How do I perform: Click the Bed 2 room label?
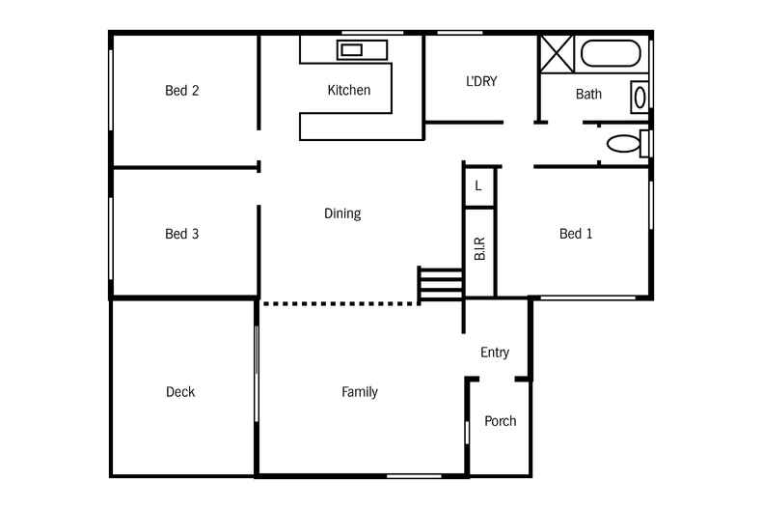[181, 91]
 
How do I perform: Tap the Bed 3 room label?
[181, 234]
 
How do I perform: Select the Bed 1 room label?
[576, 234]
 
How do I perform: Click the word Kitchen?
[348, 91]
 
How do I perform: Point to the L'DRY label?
[481, 82]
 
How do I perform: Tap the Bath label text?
[588, 95]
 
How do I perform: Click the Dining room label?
[342, 213]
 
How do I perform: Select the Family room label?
[360, 392]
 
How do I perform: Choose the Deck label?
[180, 392]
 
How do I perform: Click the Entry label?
[495, 353]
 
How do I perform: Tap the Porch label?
[500, 421]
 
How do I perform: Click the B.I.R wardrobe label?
[479, 248]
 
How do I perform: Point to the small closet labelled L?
[478, 185]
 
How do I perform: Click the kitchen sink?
[350, 49]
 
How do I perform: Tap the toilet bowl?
[623, 144]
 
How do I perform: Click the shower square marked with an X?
[556, 52]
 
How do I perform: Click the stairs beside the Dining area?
[441, 286]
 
